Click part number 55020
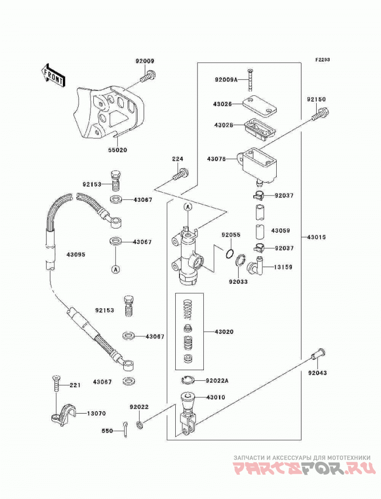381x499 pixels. [117, 150]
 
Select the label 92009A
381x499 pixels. [226, 80]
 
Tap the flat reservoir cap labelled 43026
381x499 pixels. [259, 105]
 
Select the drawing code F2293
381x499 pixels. [322, 60]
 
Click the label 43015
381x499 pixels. [317, 237]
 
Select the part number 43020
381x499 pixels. [224, 332]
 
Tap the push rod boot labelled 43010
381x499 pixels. [188, 414]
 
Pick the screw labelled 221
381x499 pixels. [56, 384]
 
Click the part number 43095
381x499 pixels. [76, 255]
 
